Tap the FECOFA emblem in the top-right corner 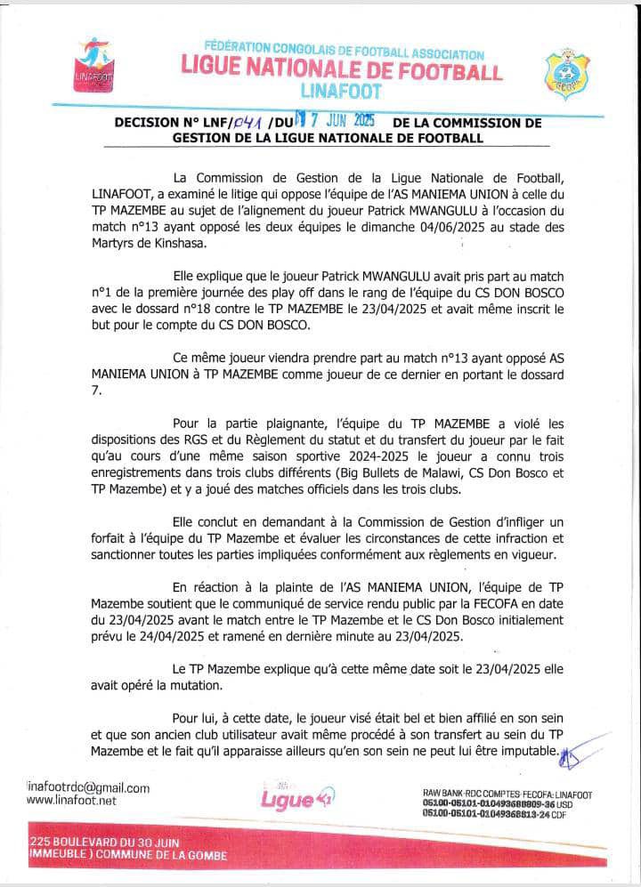(x=564, y=74)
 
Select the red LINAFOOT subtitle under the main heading (x=341, y=91)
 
